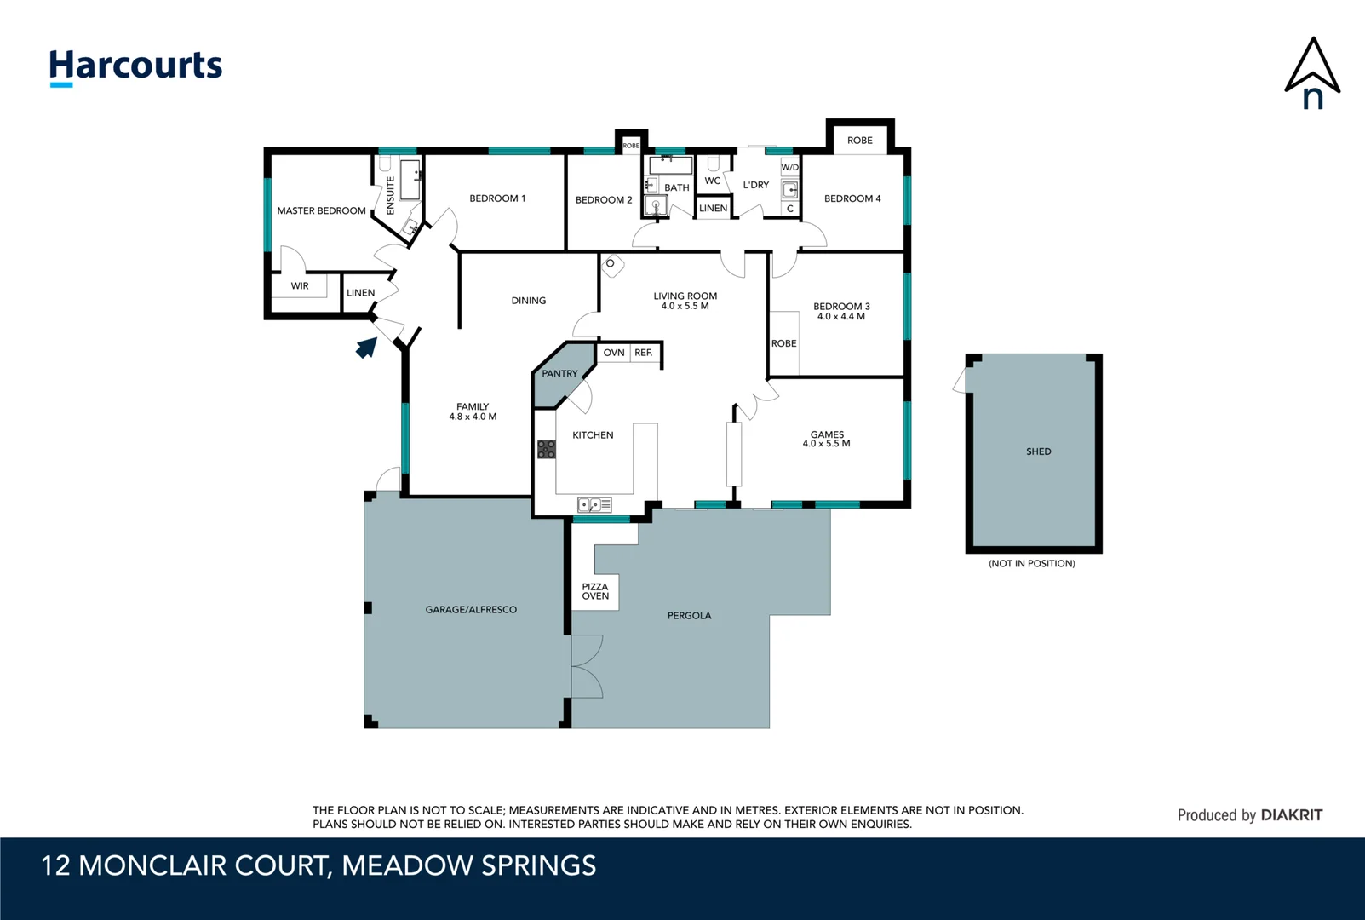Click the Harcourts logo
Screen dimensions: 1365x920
click(x=135, y=67)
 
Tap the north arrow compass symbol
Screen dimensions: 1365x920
click(x=1312, y=73)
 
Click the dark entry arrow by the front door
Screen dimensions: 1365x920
click(x=366, y=348)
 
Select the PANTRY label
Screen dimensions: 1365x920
click(x=559, y=374)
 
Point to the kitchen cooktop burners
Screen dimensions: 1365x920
click(x=546, y=449)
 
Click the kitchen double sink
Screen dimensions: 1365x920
click(x=594, y=505)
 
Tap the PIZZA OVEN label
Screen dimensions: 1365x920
click(x=594, y=591)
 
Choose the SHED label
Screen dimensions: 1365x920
click(x=1038, y=451)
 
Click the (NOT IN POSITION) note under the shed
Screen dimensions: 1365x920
click(x=1032, y=563)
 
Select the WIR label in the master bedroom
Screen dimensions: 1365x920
click(x=299, y=286)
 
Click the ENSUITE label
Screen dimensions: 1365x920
click(x=391, y=195)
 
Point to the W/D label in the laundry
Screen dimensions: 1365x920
click(x=789, y=167)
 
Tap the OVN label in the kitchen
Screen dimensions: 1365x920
click(x=614, y=353)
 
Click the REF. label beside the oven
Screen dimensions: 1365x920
click(x=644, y=353)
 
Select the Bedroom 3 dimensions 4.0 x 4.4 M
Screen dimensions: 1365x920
click(x=841, y=316)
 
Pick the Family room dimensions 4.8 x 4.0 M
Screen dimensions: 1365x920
click(x=473, y=417)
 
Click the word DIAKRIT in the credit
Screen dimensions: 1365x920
click(x=1291, y=815)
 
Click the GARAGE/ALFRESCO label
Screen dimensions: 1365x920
click(x=471, y=610)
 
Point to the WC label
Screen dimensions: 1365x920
click(x=713, y=181)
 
